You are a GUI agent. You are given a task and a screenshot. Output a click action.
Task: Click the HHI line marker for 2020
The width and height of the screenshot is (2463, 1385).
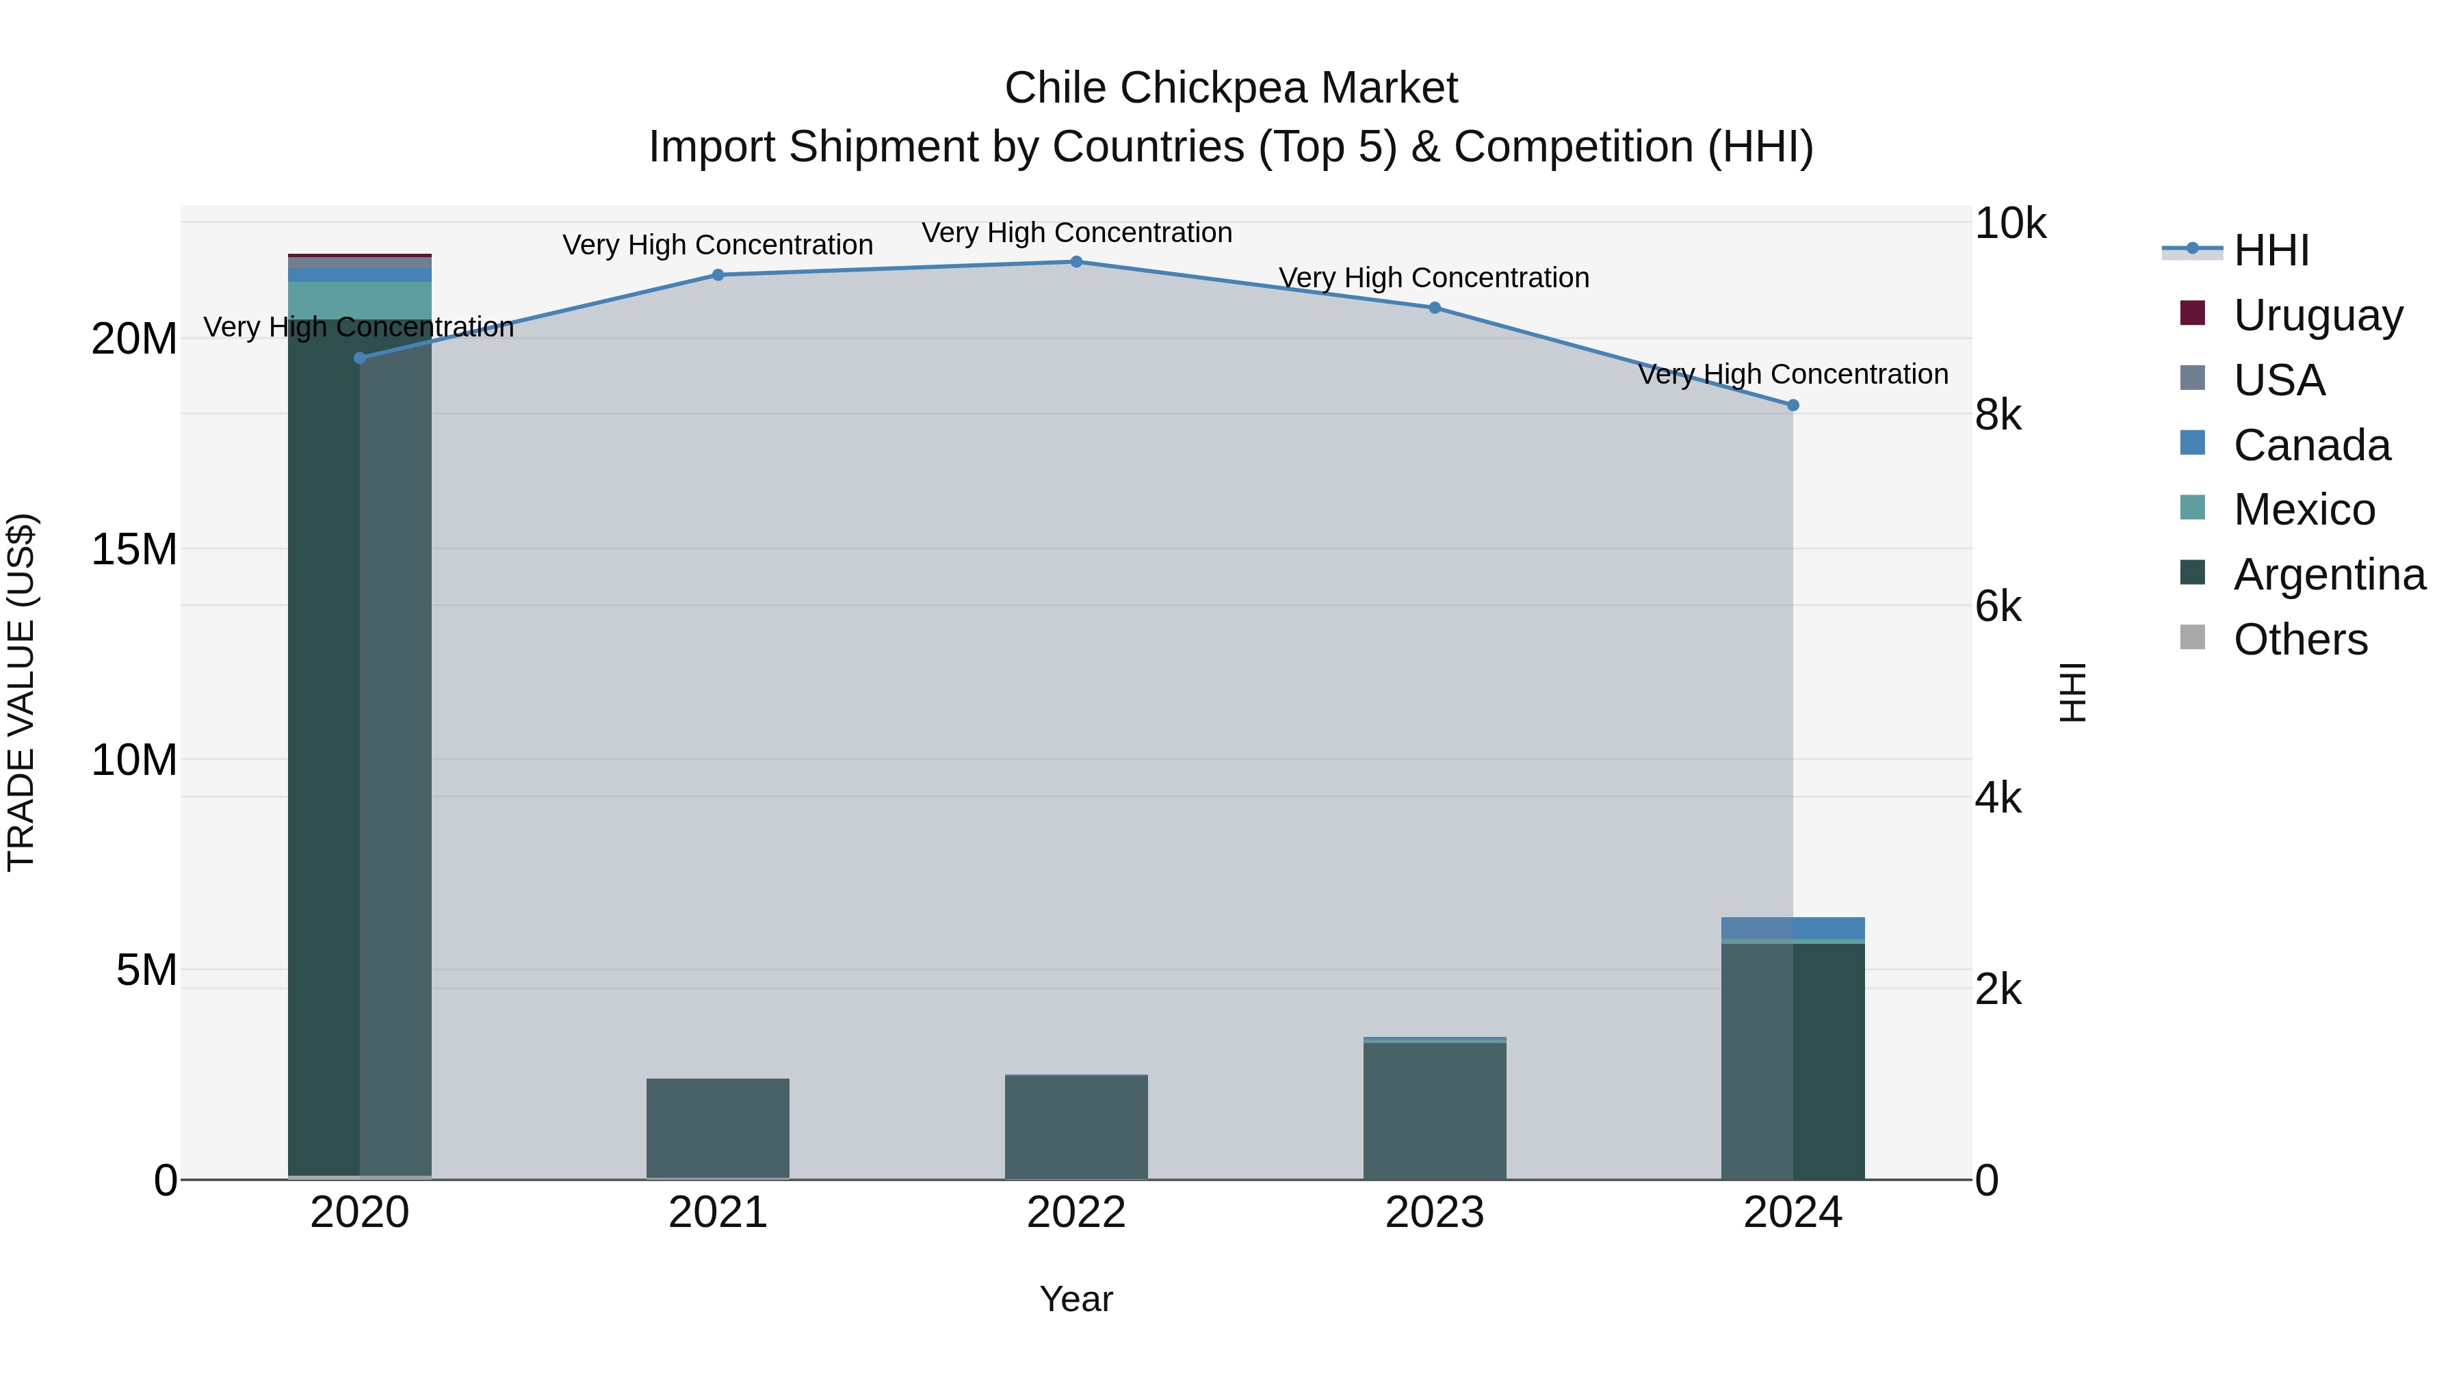(x=359, y=358)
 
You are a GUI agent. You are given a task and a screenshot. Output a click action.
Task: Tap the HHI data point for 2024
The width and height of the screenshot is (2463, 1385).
(x=1793, y=406)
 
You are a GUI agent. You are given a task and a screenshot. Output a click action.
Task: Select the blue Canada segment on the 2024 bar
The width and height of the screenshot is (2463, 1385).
(x=1793, y=928)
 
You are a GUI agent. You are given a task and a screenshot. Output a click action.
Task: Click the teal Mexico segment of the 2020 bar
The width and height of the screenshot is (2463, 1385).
(x=359, y=300)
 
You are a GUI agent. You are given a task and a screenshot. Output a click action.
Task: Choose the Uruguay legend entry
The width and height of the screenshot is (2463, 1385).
(x=2318, y=315)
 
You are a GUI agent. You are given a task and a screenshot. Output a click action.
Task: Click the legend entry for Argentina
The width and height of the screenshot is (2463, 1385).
(x=2329, y=575)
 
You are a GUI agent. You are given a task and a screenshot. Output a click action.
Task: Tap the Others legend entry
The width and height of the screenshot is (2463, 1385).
(x=2300, y=639)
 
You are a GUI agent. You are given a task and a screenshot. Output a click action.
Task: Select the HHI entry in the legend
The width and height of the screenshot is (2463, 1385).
(x=2271, y=250)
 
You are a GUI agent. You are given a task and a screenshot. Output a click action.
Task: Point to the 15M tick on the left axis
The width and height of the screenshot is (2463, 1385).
(x=134, y=550)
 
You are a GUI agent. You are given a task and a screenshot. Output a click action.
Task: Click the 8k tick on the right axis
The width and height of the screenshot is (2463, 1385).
(x=1998, y=415)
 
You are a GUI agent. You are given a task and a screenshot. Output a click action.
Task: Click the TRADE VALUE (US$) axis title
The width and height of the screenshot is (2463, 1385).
(x=21, y=692)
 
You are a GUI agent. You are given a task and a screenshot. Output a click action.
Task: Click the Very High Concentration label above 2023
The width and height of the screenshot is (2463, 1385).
(x=1434, y=278)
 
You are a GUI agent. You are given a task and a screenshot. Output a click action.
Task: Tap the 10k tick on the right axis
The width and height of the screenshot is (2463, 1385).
(x=2010, y=224)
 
